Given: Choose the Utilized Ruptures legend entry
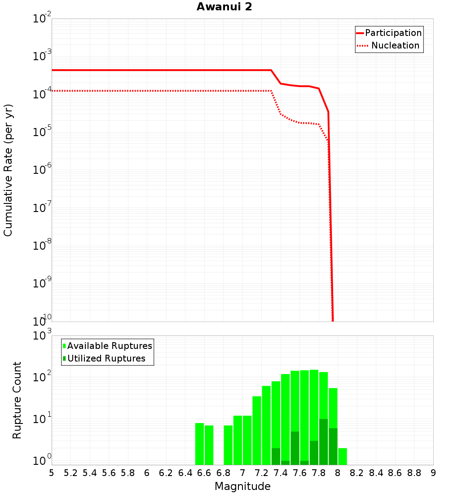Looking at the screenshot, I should coord(106,358).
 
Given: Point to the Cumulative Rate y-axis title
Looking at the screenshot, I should coord(8,170).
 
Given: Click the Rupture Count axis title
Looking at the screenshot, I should coord(17,400).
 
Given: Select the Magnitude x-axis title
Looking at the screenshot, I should coord(242,486).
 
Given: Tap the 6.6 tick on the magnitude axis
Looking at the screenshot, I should coord(204,473).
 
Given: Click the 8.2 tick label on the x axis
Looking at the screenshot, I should coord(357,473).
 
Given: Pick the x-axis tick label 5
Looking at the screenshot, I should coord(52,473).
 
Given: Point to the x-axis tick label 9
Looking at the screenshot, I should coord(433,473).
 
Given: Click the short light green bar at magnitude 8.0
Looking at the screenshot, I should coord(343,456).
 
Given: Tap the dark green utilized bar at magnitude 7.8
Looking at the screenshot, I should coord(323,442).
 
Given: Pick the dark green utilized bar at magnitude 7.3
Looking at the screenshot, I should coord(276,456).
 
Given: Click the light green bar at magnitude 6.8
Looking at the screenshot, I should coord(228,445).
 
